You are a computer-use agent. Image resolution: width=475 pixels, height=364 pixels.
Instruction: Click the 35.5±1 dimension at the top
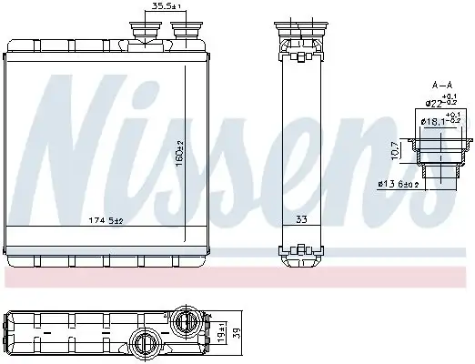165,7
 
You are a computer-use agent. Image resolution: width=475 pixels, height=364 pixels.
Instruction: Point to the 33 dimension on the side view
301,220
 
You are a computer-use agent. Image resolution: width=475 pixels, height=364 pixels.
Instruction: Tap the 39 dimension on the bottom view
236,333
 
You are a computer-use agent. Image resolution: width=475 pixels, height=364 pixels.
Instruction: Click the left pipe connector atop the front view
145,29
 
